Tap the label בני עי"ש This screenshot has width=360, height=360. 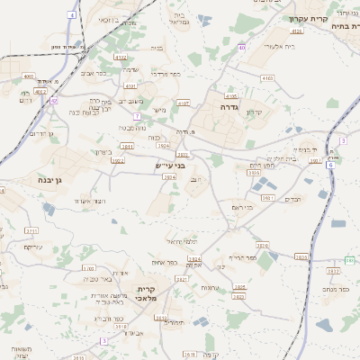(x=168, y=166)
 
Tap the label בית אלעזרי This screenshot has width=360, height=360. (x=270, y=45)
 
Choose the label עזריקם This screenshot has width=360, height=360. (x=33, y=247)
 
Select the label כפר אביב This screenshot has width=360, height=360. (x=94, y=71)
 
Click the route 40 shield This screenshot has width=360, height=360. (x=242, y=48)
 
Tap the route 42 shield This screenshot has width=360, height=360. (x=54, y=101)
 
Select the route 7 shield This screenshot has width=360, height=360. (x=139, y=116)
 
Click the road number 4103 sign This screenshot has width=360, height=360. (x=267, y=79)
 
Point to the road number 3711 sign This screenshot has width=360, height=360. (x=31, y=231)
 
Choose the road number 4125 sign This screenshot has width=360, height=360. (x=297, y=31)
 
